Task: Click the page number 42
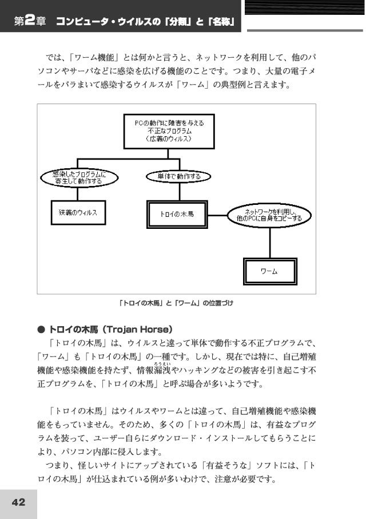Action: [18, 502]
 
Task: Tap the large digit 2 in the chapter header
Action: [30, 21]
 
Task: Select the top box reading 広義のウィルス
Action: [169, 132]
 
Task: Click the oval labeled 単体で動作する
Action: [178, 176]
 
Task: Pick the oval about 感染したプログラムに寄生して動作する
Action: [79, 178]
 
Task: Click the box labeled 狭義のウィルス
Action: [78, 212]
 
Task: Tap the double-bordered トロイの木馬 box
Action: [177, 215]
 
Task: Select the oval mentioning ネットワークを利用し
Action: [269, 216]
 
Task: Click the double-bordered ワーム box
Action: [270, 271]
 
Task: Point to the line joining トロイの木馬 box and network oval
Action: [217, 215]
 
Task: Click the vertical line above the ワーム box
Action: [270, 243]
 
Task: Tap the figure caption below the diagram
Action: [176, 303]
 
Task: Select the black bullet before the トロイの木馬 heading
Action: [41, 330]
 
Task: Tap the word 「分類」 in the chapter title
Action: [178, 22]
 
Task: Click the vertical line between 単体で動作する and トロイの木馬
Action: [180, 192]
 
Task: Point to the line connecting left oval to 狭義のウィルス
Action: [78, 194]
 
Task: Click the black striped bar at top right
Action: [304, 7]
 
